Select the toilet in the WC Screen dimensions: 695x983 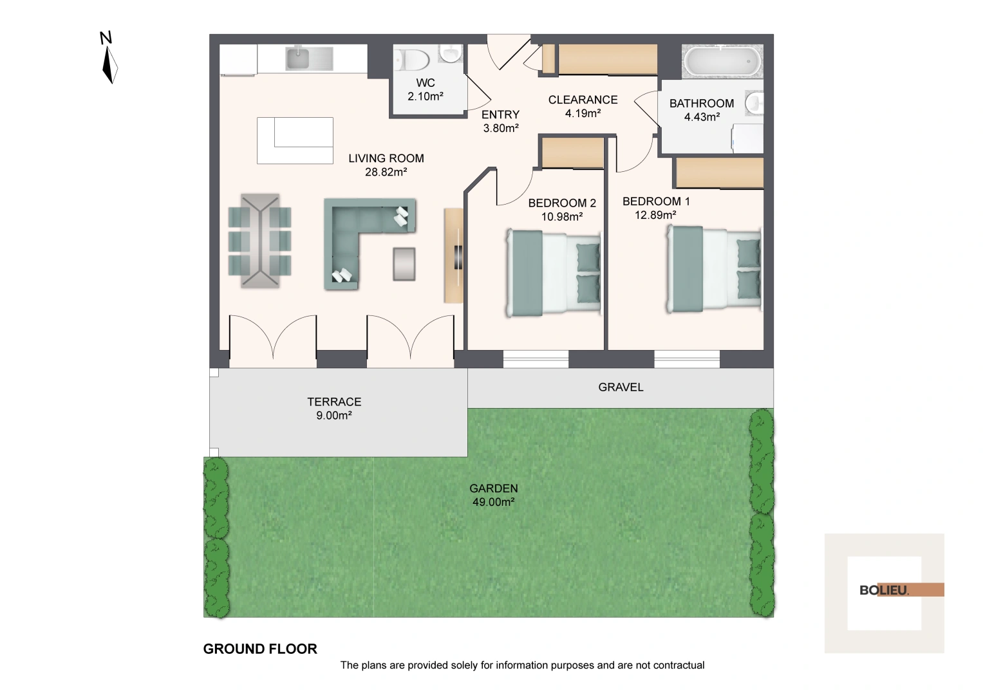(x=412, y=60)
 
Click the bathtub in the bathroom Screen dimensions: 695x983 (x=722, y=62)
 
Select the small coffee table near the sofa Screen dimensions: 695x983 (x=404, y=264)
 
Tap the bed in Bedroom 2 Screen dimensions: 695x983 (x=554, y=273)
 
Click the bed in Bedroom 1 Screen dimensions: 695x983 (x=713, y=269)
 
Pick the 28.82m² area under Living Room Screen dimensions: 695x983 (x=386, y=172)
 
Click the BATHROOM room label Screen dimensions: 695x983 (x=701, y=104)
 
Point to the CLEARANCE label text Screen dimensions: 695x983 (x=583, y=100)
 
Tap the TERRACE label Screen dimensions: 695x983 (x=334, y=402)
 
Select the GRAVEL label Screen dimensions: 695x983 (x=621, y=387)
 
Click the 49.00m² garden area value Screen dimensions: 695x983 (x=493, y=503)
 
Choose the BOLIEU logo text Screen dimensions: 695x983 (x=884, y=590)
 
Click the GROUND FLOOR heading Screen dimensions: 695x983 (x=260, y=649)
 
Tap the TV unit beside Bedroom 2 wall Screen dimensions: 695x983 (x=454, y=255)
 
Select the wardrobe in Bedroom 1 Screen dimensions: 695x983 (x=718, y=173)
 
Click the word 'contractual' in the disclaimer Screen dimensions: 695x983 (x=679, y=665)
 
